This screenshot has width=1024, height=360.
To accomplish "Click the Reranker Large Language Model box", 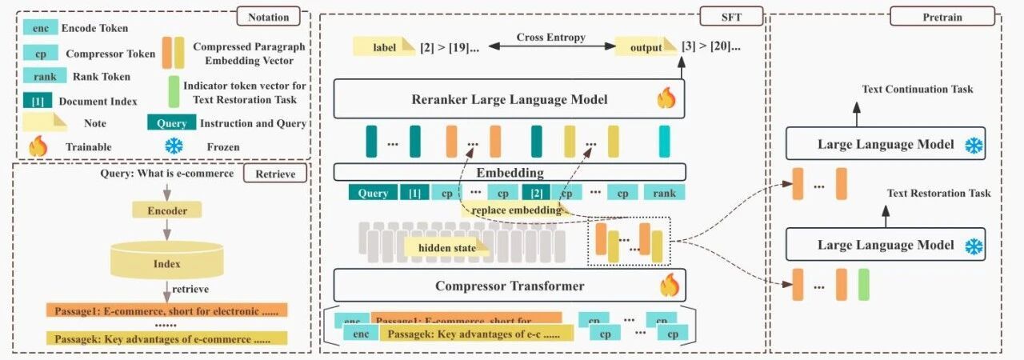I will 509,100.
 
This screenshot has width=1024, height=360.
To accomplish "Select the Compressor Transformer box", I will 509,286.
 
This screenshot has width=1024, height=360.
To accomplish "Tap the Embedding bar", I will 509,172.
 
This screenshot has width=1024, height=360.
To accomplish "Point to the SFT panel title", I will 730,17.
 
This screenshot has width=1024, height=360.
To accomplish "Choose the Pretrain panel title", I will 942,17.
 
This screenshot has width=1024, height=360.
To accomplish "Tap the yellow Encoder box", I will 167,212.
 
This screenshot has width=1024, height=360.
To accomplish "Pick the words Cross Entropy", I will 550,38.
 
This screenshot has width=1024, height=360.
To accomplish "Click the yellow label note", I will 384,47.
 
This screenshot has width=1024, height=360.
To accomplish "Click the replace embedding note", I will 510,210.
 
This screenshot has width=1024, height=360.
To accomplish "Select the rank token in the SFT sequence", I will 664,193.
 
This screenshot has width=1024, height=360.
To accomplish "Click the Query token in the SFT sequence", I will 373,193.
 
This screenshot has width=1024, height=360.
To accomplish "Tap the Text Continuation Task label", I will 917,89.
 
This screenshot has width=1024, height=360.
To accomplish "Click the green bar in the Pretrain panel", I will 863,285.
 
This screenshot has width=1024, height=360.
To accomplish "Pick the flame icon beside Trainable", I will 38,146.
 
